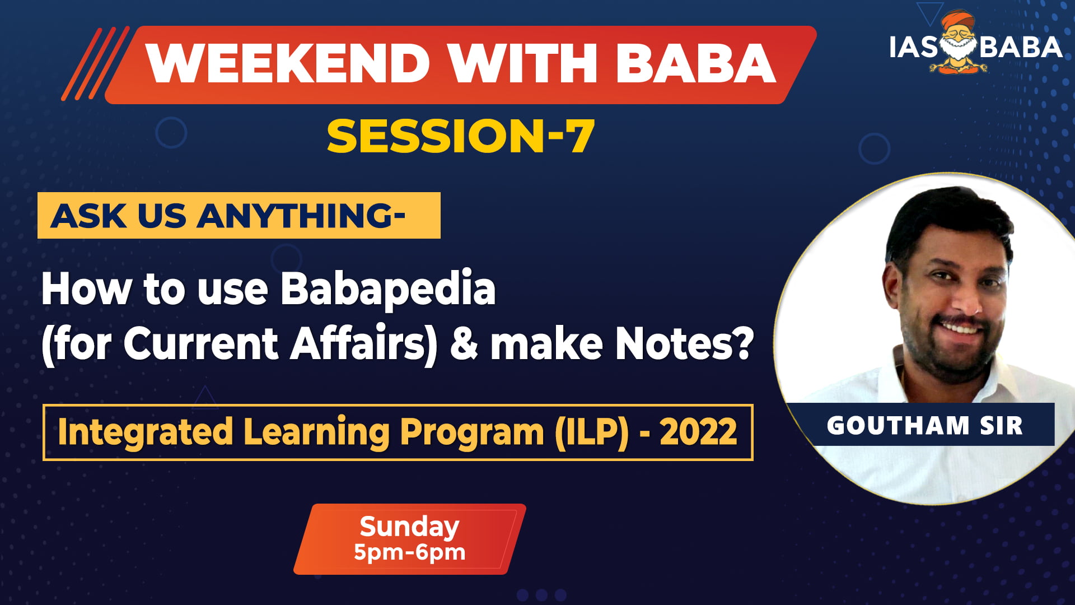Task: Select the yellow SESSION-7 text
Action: [x=460, y=136]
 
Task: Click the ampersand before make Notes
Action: [x=464, y=343]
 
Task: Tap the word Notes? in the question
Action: [x=684, y=343]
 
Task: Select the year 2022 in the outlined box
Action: [x=698, y=432]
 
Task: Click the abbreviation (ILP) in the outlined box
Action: [x=592, y=432]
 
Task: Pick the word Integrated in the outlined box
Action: [x=145, y=432]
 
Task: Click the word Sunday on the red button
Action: [x=409, y=527]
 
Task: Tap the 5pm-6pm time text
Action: [x=409, y=552]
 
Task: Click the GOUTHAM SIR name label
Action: [x=924, y=425]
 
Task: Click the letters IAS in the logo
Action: [x=913, y=48]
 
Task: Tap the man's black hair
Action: [x=946, y=218]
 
